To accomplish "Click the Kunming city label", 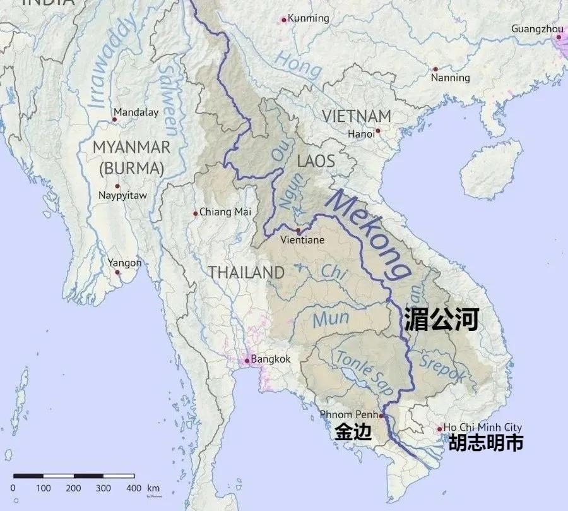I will (x=309, y=18).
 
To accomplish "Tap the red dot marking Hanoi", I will (x=377, y=131).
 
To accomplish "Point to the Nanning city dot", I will (x=435, y=69).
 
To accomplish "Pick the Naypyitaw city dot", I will (x=117, y=186).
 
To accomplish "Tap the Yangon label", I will (x=124, y=263).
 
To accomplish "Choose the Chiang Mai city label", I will (x=225, y=212).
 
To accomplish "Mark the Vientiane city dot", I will (x=298, y=231).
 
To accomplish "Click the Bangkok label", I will (x=270, y=359).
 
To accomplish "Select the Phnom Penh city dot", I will (x=381, y=416).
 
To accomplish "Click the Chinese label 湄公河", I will (x=441, y=319).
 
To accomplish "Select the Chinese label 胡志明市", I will (x=485, y=443).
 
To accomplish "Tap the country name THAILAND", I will (x=246, y=273).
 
